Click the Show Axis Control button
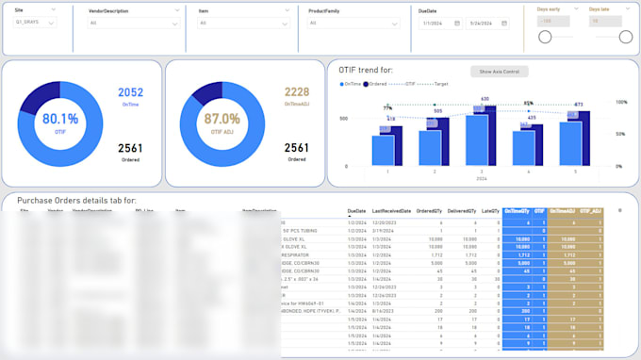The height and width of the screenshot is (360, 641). click(x=500, y=72)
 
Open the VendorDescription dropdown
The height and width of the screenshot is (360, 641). click(x=135, y=22)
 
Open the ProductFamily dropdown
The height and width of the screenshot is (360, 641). click(x=353, y=22)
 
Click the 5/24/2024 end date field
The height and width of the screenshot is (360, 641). click(x=489, y=23)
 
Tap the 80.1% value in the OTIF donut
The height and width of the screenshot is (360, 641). click(x=59, y=119)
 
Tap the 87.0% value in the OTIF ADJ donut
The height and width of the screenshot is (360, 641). click(x=223, y=119)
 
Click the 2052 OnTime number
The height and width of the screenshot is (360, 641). click(x=130, y=91)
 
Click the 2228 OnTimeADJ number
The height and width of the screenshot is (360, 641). click(x=296, y=91)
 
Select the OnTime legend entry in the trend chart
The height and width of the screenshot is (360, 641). click(x=350, y=84)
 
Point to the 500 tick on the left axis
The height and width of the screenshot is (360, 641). click(x=344, y=119)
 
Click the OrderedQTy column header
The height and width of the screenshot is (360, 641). click(x=431, y=211)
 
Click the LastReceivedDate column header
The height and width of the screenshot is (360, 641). click(x=390, y=211)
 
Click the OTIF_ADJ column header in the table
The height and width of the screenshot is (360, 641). click(x=590, y=211)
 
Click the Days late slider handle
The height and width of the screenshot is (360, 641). click(x=626, y=37)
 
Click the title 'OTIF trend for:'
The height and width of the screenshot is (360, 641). click(x=367, y=70)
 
